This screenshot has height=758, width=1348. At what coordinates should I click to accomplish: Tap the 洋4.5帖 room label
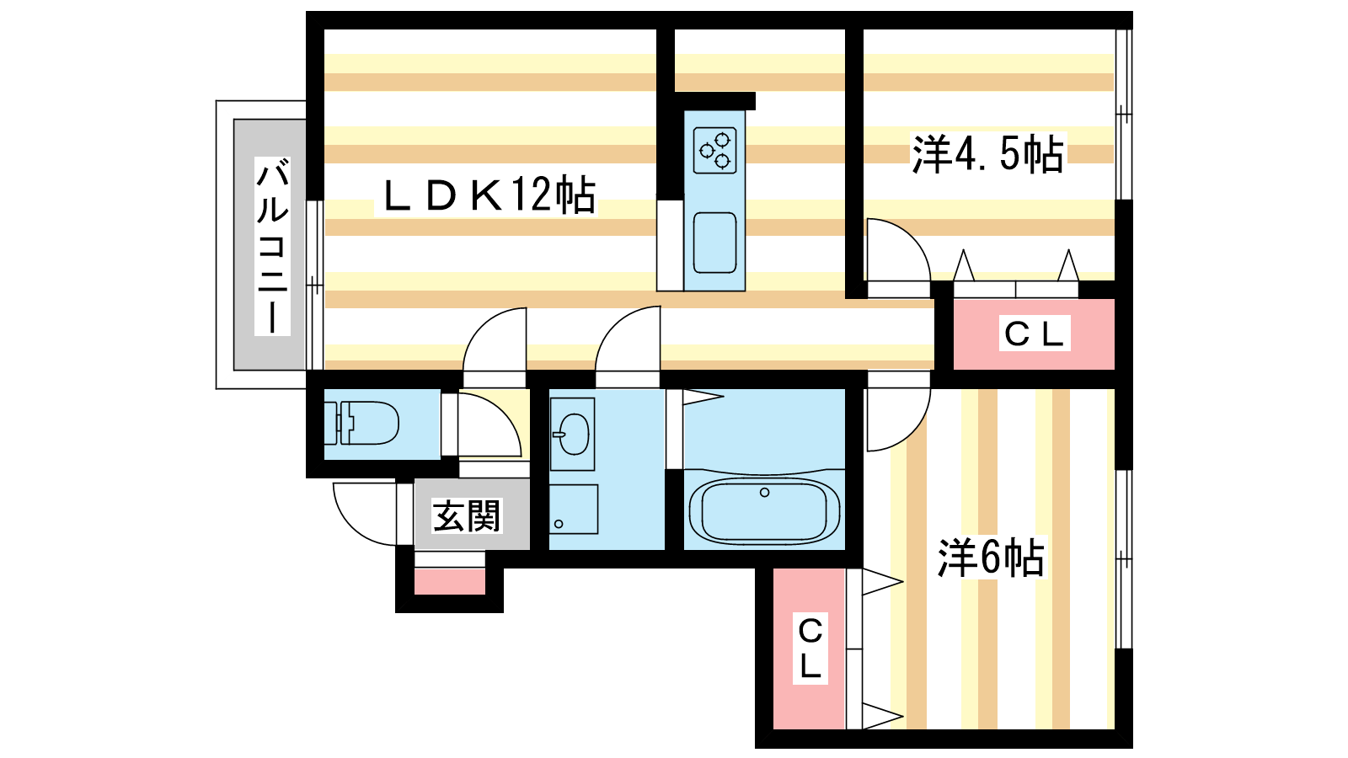tap(987, 154)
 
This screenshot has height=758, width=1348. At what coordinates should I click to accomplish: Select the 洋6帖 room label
tap(991, 558)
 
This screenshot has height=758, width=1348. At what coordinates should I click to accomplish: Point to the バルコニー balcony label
tap(272, 245)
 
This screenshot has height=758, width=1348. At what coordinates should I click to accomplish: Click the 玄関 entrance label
tap(467, 516)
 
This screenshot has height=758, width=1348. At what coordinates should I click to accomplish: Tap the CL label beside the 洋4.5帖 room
tap(1034, 334)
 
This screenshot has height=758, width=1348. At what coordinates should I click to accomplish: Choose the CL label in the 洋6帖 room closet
tap(810, 649)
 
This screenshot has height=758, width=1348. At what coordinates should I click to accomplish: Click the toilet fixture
tap(361, 423)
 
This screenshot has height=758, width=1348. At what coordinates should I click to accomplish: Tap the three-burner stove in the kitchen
tap(715, 150)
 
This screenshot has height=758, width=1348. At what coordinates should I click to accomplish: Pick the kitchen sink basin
tap(715, 243)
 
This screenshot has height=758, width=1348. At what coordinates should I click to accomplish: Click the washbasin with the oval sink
tap(572, 434)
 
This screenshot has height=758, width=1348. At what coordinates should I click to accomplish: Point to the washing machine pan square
tap(574, 509)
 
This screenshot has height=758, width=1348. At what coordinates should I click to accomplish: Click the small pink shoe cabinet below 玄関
tap(450, 581)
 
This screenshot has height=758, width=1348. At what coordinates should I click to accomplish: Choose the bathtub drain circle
tap(764, 493)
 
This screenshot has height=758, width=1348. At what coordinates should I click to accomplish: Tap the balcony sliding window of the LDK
tap(315, 285)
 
